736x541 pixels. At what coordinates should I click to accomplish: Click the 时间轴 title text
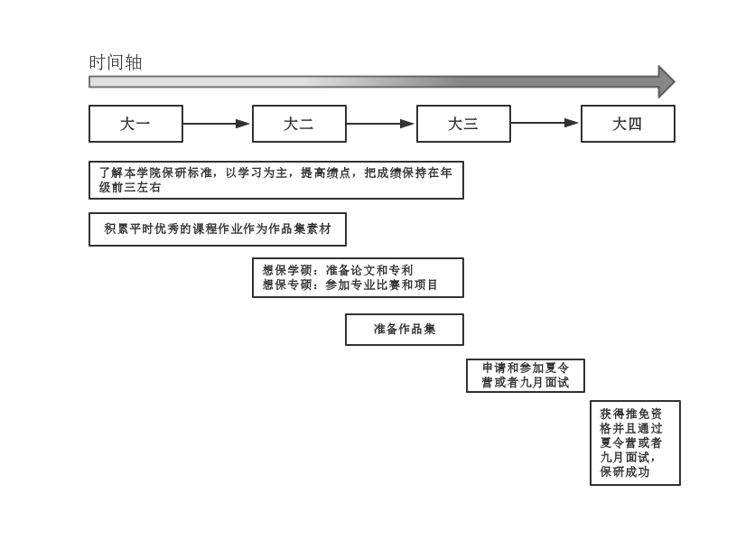116,62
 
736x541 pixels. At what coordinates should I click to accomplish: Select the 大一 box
135,124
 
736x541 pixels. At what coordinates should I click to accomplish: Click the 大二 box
299,124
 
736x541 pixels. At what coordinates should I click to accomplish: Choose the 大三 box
463,124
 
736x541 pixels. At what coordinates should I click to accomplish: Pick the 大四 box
628,124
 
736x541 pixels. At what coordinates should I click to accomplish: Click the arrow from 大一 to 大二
217,124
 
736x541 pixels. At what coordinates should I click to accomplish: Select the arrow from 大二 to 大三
380,124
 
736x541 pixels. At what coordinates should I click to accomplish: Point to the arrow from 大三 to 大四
545,123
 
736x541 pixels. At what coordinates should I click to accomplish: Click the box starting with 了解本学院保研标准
275,180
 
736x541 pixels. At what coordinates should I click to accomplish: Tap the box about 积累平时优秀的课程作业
217,229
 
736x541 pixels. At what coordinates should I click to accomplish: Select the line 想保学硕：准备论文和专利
338,270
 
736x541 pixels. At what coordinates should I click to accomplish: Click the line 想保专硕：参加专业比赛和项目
350,284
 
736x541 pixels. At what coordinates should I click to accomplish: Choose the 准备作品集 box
404,330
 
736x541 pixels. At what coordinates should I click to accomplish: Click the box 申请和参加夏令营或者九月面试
525,376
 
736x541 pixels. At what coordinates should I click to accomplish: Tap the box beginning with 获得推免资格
635,443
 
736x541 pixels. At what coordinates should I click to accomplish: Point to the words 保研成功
625,471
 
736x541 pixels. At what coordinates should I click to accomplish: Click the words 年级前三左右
130,187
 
